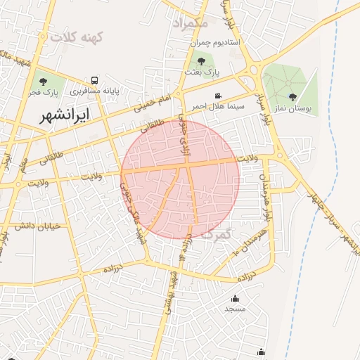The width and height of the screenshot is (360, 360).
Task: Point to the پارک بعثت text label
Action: (202, 72)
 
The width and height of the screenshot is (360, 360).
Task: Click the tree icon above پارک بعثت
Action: (192, 59)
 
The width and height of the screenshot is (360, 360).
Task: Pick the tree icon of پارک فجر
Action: (43, 79)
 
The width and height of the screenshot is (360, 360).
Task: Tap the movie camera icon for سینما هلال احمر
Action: (218, 95)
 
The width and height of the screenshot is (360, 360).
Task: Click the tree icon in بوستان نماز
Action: (292, 97)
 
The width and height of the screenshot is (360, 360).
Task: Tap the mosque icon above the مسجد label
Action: (235, 298)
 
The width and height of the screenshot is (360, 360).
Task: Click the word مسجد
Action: (235, 309)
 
